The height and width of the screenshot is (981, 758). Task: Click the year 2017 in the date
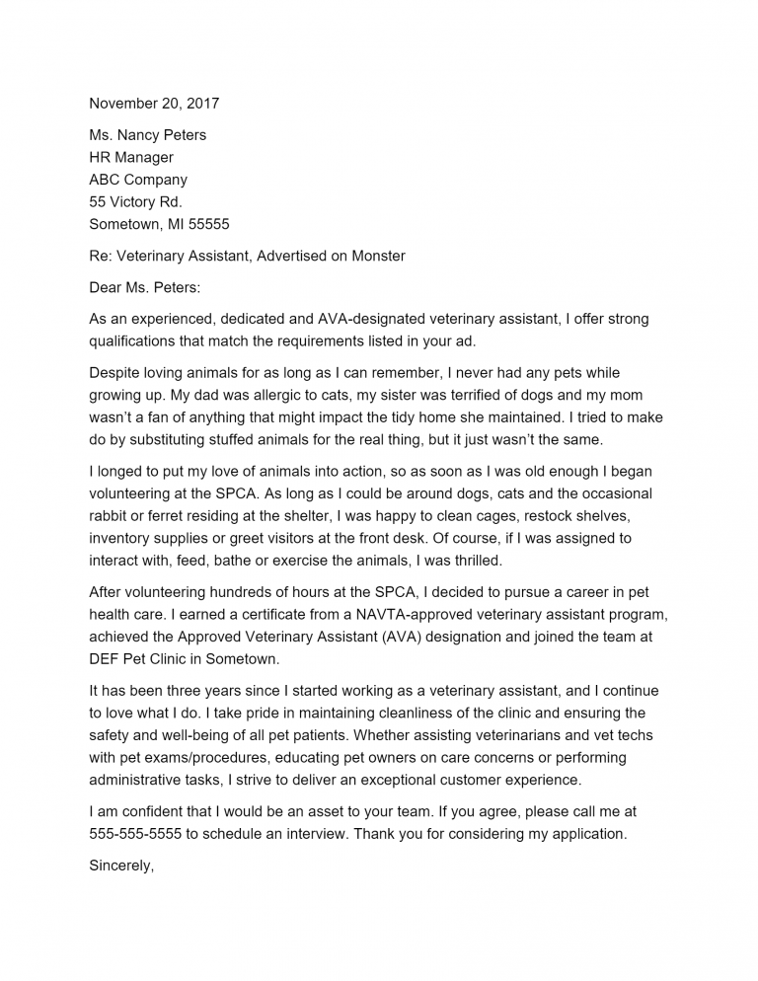point(202,104)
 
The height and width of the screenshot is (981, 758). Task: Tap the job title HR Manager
point(131,158)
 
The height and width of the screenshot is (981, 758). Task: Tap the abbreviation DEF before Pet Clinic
point(107,659)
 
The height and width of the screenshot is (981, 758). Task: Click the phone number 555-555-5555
point(135,834)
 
